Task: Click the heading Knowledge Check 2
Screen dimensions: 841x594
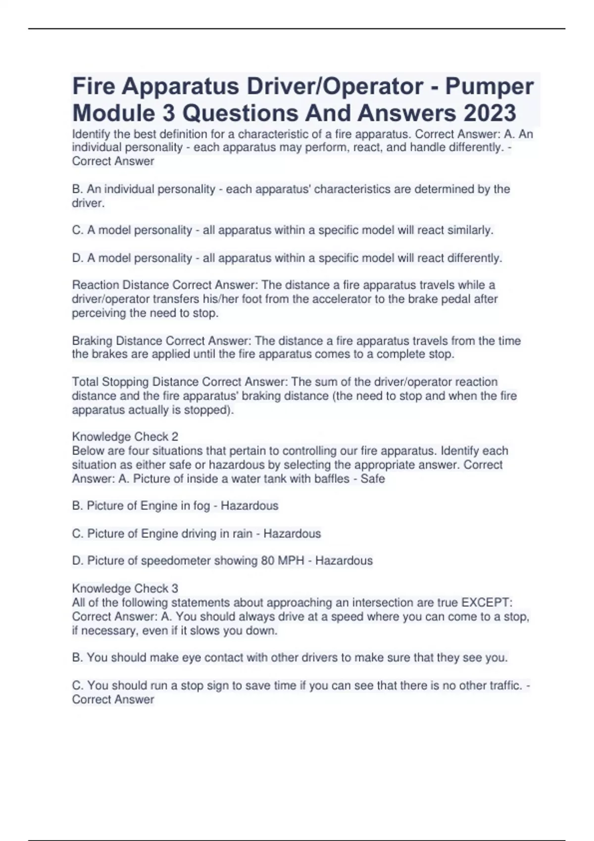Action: pyautogui.click(x=125, y=437)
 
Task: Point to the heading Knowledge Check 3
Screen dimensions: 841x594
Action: pyautogui.click(x=125, y=589)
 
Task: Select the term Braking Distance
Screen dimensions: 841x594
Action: pyautogui.click(x=117, y=341)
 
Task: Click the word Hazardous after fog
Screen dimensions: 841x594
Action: pyautogui.click(x=249, y=506)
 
